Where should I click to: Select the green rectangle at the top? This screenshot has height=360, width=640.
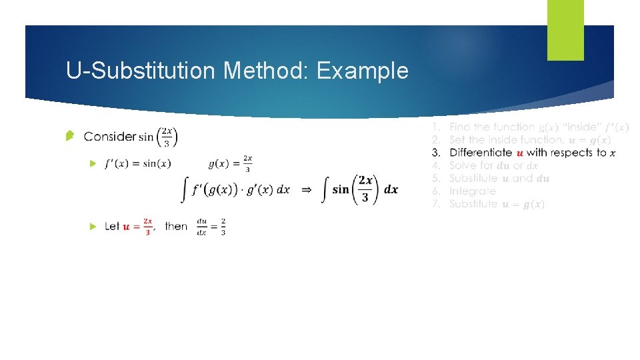point(565,30)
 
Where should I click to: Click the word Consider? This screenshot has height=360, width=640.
point(109,137)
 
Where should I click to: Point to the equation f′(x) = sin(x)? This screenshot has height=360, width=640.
point(137,163)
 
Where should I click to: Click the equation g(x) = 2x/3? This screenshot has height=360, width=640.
point(231,163)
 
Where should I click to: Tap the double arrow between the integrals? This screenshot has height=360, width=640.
point(306,189)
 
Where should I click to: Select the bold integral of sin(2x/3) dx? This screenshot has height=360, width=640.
point(360,189)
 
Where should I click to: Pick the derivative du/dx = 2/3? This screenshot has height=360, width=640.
point(211,227)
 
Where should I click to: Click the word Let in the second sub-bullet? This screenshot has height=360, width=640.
point(112,227)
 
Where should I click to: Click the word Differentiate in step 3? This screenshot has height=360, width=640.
point(480,153)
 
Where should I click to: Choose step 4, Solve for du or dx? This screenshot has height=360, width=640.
point(493,165)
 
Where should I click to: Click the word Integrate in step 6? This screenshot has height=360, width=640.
point(472,191)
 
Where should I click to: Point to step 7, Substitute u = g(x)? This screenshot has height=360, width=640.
point(496,204)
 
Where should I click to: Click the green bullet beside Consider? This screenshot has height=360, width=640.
point(69,137)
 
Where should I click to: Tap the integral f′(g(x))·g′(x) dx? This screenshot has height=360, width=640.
point(236,189)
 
